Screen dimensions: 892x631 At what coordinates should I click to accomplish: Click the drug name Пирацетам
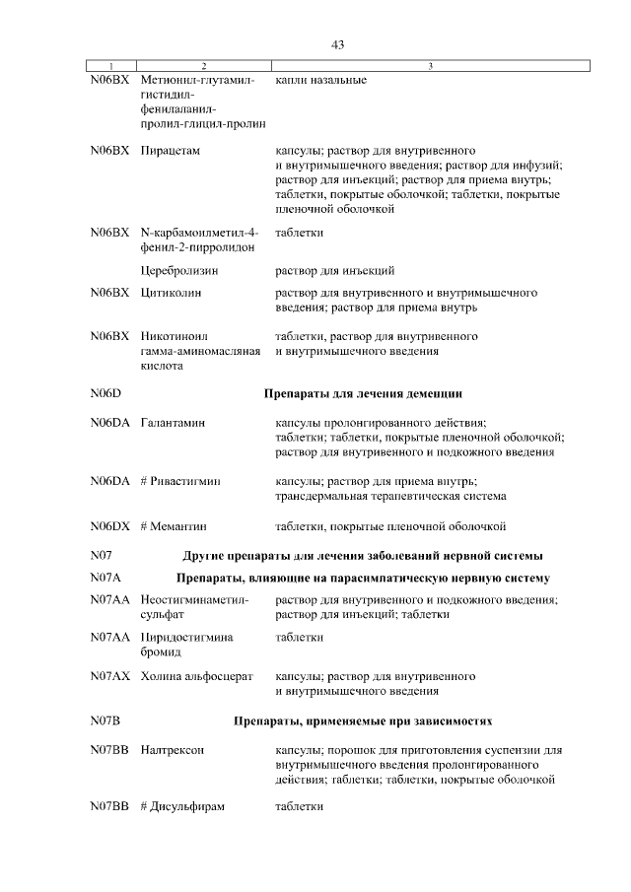[171, 151]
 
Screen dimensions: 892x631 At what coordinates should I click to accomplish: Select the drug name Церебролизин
[178, 269]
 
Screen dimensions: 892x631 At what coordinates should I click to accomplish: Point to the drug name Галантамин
[173, 422]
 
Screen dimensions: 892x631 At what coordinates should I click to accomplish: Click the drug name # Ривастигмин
[180, 481]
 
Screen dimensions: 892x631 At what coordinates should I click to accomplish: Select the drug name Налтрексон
[173, 750]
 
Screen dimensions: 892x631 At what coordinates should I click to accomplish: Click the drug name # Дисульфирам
[183, 806]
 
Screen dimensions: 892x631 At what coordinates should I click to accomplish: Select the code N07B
[105, 720]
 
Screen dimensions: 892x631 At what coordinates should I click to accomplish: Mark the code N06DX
[109, 526]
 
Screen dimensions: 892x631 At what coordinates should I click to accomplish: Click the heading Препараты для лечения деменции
[363, 394]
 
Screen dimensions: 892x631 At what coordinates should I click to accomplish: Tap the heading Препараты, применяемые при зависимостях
[363, 720]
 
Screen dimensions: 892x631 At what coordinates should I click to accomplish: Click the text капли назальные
[320, 79]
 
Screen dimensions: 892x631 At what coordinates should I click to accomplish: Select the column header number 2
[203, 66]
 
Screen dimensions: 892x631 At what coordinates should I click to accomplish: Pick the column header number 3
[430, 66]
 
